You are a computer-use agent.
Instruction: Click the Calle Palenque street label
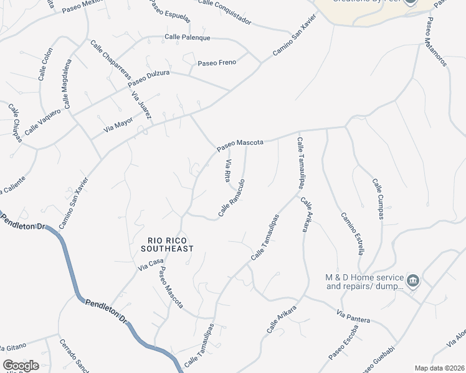click(188, 37)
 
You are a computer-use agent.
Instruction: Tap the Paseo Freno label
click(217, 63)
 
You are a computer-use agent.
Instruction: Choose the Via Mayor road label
click(118, 124)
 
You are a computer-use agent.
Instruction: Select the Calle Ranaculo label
click(231, 198)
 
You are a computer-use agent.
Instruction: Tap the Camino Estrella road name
click(352, 233)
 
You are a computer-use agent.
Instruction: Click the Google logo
click(21, 366)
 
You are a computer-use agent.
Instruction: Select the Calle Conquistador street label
click(225, 12)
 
